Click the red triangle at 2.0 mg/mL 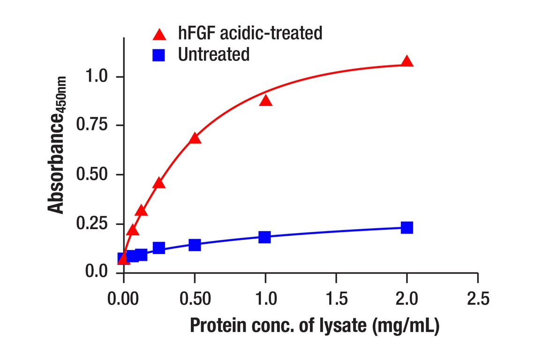pos(407,61)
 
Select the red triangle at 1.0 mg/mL pos(265,100)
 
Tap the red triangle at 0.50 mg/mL pos(195,138)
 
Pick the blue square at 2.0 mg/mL pos(407,227)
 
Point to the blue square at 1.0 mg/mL pos(265,237)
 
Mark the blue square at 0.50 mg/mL pos(195,245)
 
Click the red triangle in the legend pos(160,34)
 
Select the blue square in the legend pos(160,55)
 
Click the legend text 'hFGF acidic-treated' pos(250,33)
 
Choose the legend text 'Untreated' pos(213,55)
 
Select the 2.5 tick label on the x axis pos(477,299)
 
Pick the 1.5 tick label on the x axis pos(336,299)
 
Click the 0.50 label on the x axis pos(195,299)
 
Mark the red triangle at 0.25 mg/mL pos(159,183)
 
